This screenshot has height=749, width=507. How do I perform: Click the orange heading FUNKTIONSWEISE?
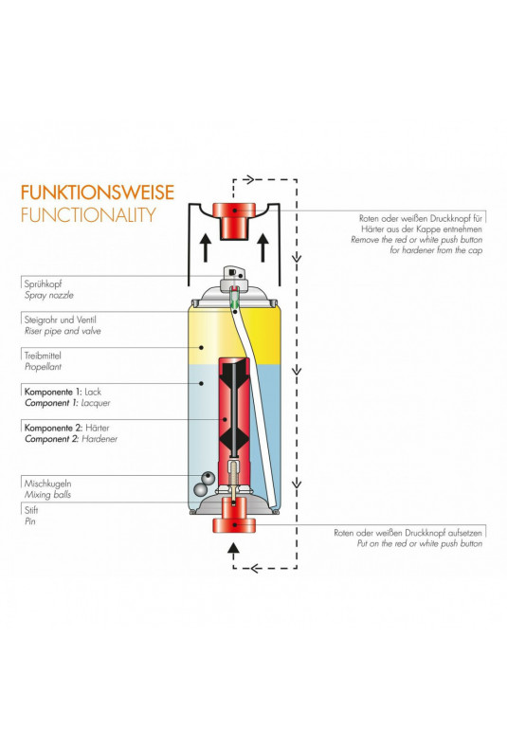tap(98, 192)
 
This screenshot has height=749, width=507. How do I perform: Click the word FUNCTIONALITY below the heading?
tap(88, 215)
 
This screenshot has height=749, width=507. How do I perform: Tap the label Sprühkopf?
tap(43, 284)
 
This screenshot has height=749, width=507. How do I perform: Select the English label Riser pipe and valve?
tap(63, 331)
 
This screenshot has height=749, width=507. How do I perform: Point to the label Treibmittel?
tap(43, 356)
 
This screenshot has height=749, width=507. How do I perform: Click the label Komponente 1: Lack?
tap(63, 392)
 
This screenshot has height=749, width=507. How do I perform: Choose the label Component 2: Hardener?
tap(71, 439)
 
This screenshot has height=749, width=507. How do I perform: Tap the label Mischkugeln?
tap(47, 484)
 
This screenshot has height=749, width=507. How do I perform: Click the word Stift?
tap(31, 510)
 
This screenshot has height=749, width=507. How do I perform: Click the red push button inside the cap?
tap(234, 220)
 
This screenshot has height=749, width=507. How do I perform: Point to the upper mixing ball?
tap(208, 478)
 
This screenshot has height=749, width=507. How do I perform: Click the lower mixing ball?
tap(201, 489)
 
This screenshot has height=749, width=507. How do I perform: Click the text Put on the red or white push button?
tap(420, 543)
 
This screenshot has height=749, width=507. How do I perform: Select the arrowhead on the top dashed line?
tap(248, 180)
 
